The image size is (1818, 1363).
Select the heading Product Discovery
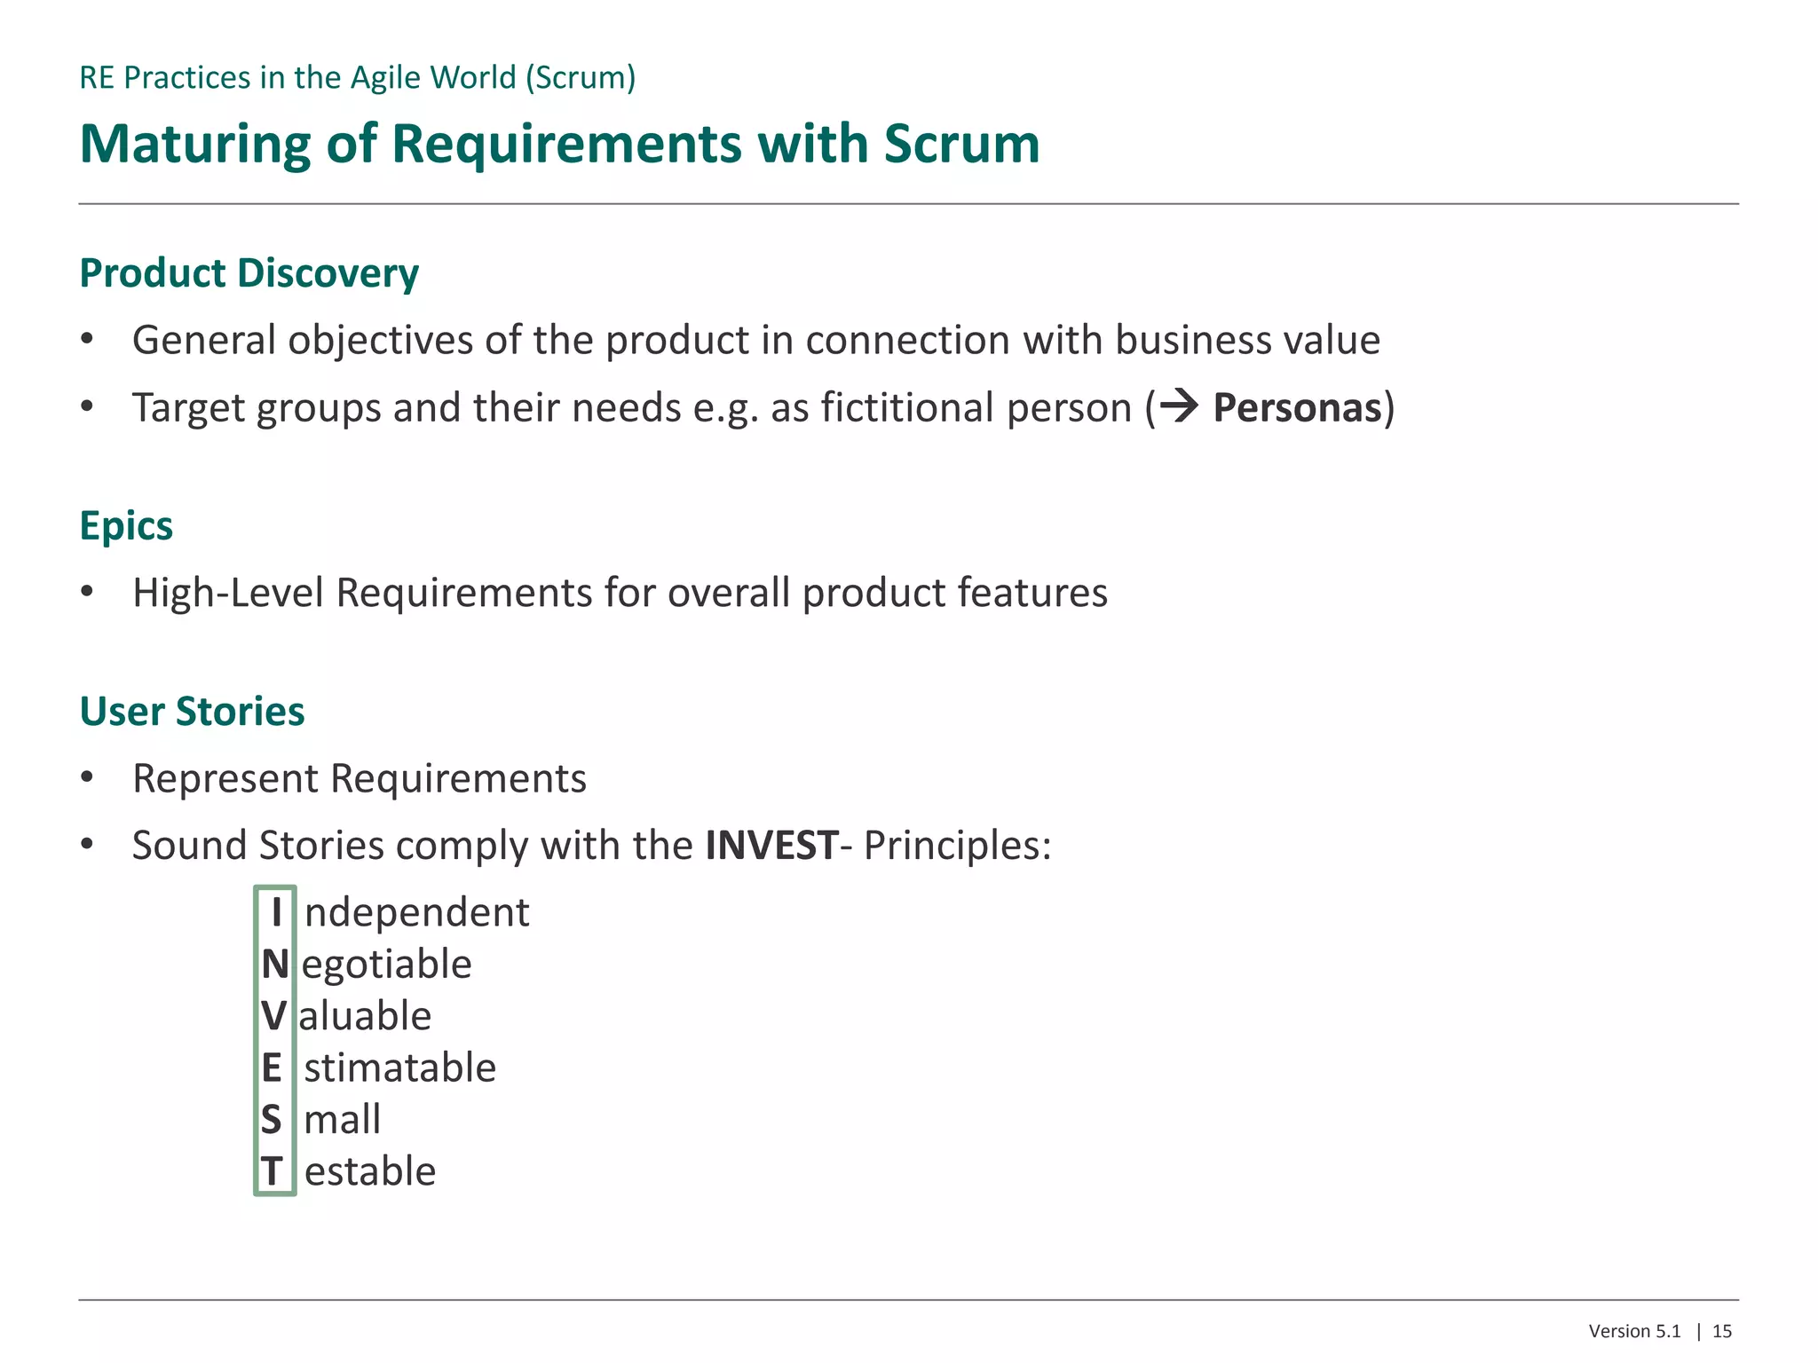click(249, 273)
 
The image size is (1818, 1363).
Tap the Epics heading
click(126, 526)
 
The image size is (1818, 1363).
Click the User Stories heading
click(192, 712)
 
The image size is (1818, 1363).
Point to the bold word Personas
click(1297, 408)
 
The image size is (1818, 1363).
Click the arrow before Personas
click(1179, 406)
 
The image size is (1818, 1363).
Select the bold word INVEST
click(771, 846)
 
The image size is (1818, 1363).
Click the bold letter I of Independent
click(276, 912)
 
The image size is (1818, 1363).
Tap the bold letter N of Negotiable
click(275, 965)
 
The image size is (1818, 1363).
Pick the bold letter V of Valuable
click(274, 1016)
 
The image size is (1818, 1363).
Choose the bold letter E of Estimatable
click(272, 1068)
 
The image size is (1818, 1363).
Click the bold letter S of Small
click(272, 1120)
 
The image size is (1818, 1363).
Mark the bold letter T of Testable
click(272, 1171)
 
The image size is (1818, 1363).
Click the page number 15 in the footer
click(1721, 1331)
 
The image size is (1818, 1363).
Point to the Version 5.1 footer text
click(1634, 1331)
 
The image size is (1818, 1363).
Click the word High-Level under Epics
click(227, 593)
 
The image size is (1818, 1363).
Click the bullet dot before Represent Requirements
click(86, 778)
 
